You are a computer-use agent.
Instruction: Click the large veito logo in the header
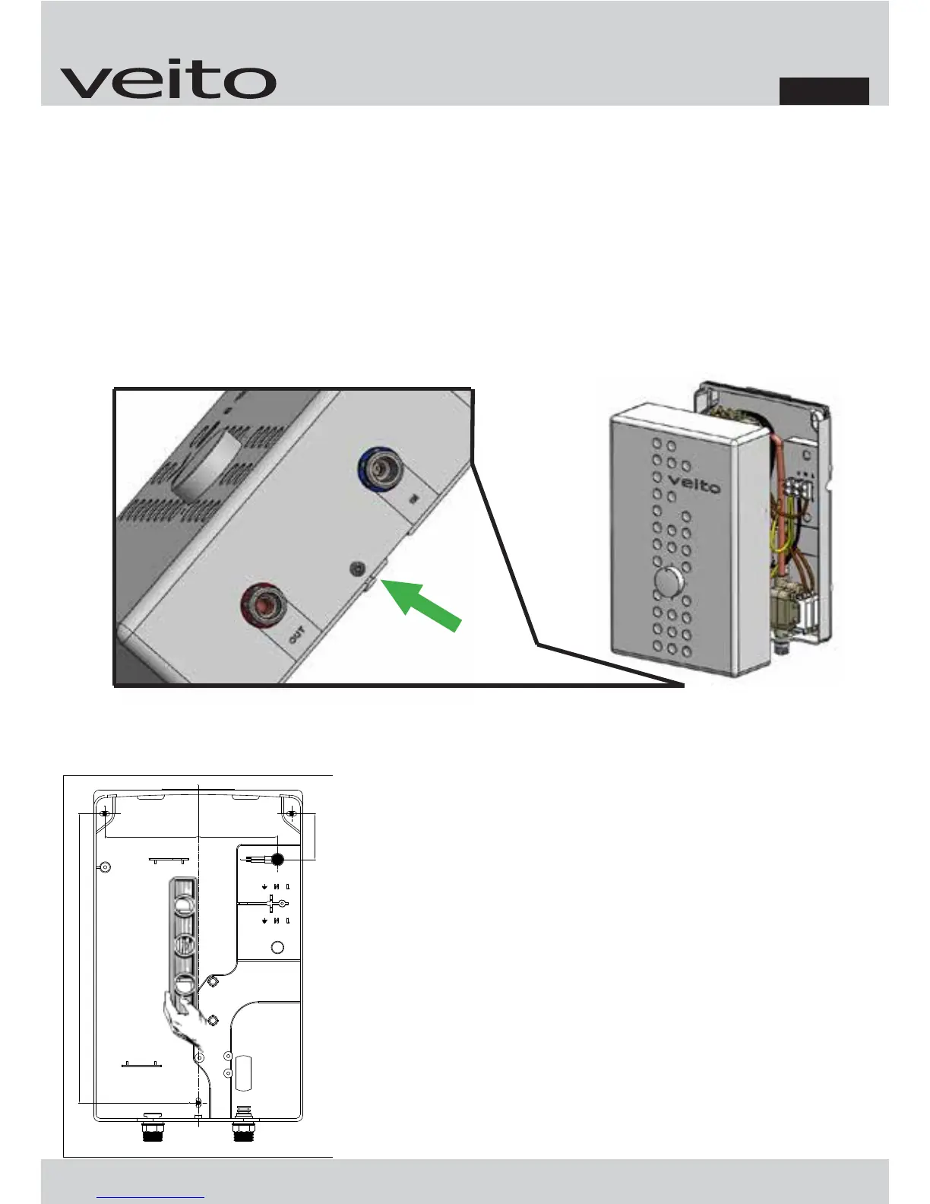coord(168,81)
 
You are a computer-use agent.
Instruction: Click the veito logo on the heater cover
coord(694,484)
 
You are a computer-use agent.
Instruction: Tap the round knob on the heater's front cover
coord(669,585)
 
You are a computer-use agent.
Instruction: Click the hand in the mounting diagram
coord(184,1022)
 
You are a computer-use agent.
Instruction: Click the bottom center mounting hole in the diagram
coord(198,1102)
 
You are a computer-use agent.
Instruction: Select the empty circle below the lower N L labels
coord(278,947)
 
